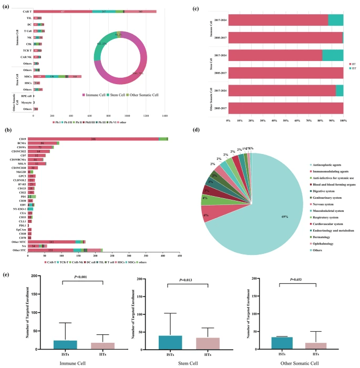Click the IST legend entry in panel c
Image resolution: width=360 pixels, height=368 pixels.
pyautogui.click(x=351, y=68)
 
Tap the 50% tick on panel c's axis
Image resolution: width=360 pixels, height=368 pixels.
pyautogui.click(x=286, y=120)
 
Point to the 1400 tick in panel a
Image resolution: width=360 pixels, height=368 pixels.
pyautogui.click(x=164, y=115)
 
